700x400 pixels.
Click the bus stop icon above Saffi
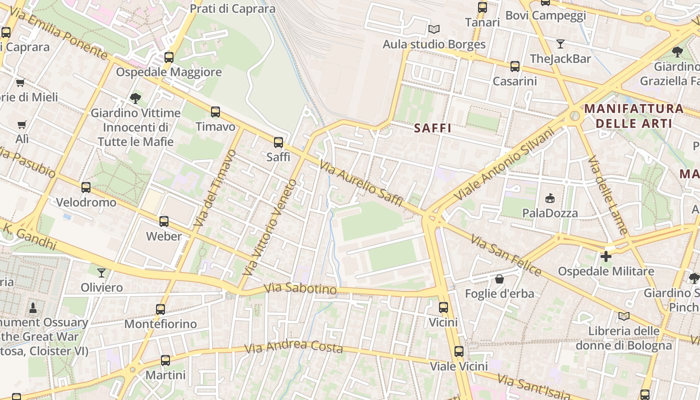pos(278,142)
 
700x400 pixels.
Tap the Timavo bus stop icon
pos(215,112)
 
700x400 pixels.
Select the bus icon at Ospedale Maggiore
pos(169,57)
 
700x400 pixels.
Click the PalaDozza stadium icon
pos(550,198)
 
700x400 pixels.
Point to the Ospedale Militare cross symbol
pos(606,256)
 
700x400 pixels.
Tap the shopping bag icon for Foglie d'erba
pos(499,279)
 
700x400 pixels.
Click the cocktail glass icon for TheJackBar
pos(560,44)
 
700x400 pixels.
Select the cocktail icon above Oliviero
pos(101,272)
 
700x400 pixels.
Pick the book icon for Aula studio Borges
pos(434,29)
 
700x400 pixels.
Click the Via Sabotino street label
pos(300,288)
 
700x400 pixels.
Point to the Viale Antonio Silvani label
pos(504,164)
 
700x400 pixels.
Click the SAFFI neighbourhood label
pos(433,128)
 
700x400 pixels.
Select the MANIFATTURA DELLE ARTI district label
pos(633,115)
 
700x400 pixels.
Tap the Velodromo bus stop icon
pos(86,187)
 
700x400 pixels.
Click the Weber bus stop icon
pos(164,221)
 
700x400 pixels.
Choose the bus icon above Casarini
pos(515,66)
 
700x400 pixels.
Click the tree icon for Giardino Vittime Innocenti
pos(135,98)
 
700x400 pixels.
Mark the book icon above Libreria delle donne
pos(623,316)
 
